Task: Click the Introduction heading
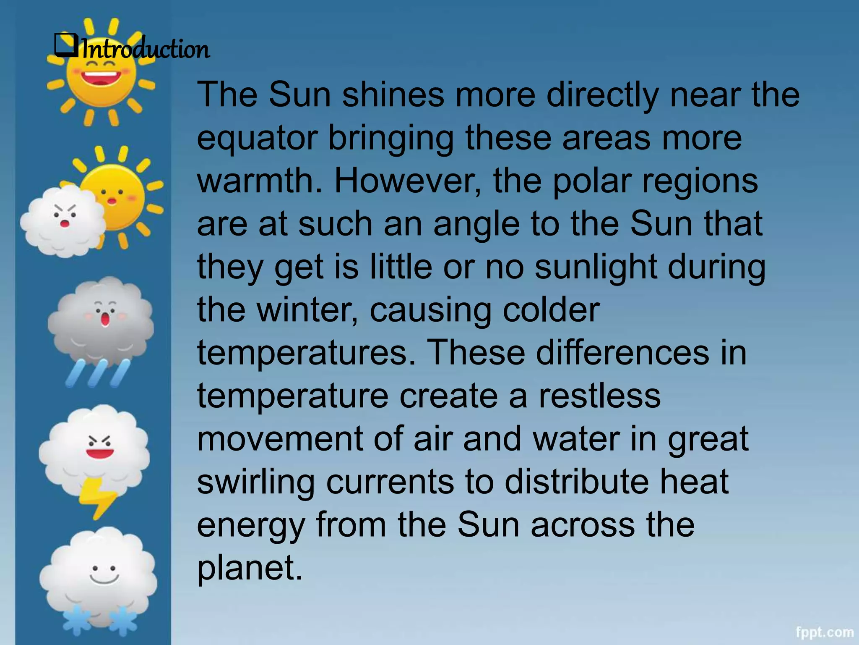145,49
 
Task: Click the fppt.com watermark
824,632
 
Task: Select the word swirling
256,482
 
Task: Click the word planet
250,568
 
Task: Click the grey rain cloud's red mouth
105,320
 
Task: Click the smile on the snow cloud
104,579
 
